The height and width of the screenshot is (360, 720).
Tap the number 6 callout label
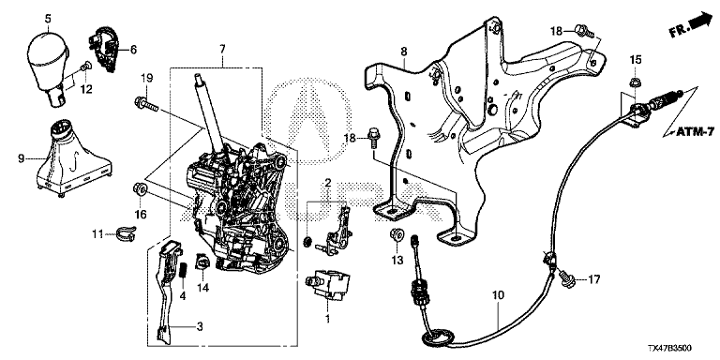[x=133, y=49]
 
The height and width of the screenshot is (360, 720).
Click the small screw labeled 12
[x=84, y=67]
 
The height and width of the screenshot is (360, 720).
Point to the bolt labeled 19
[x=146, y=103]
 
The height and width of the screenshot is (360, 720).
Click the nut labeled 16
[x=139, y=189]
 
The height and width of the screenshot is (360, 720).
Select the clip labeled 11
[x=125, y=233]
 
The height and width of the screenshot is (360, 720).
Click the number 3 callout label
[x=200, y=327]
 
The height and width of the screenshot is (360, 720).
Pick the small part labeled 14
[x=202, y=262]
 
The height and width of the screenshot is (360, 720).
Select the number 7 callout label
[x=222, y=49]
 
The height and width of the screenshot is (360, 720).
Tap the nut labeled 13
[x=397, y=235]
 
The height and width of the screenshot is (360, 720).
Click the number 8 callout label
[x=404, y=52]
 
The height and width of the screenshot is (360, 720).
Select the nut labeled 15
[x=635, y=83]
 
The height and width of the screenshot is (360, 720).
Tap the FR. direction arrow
[x=690, y=24]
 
